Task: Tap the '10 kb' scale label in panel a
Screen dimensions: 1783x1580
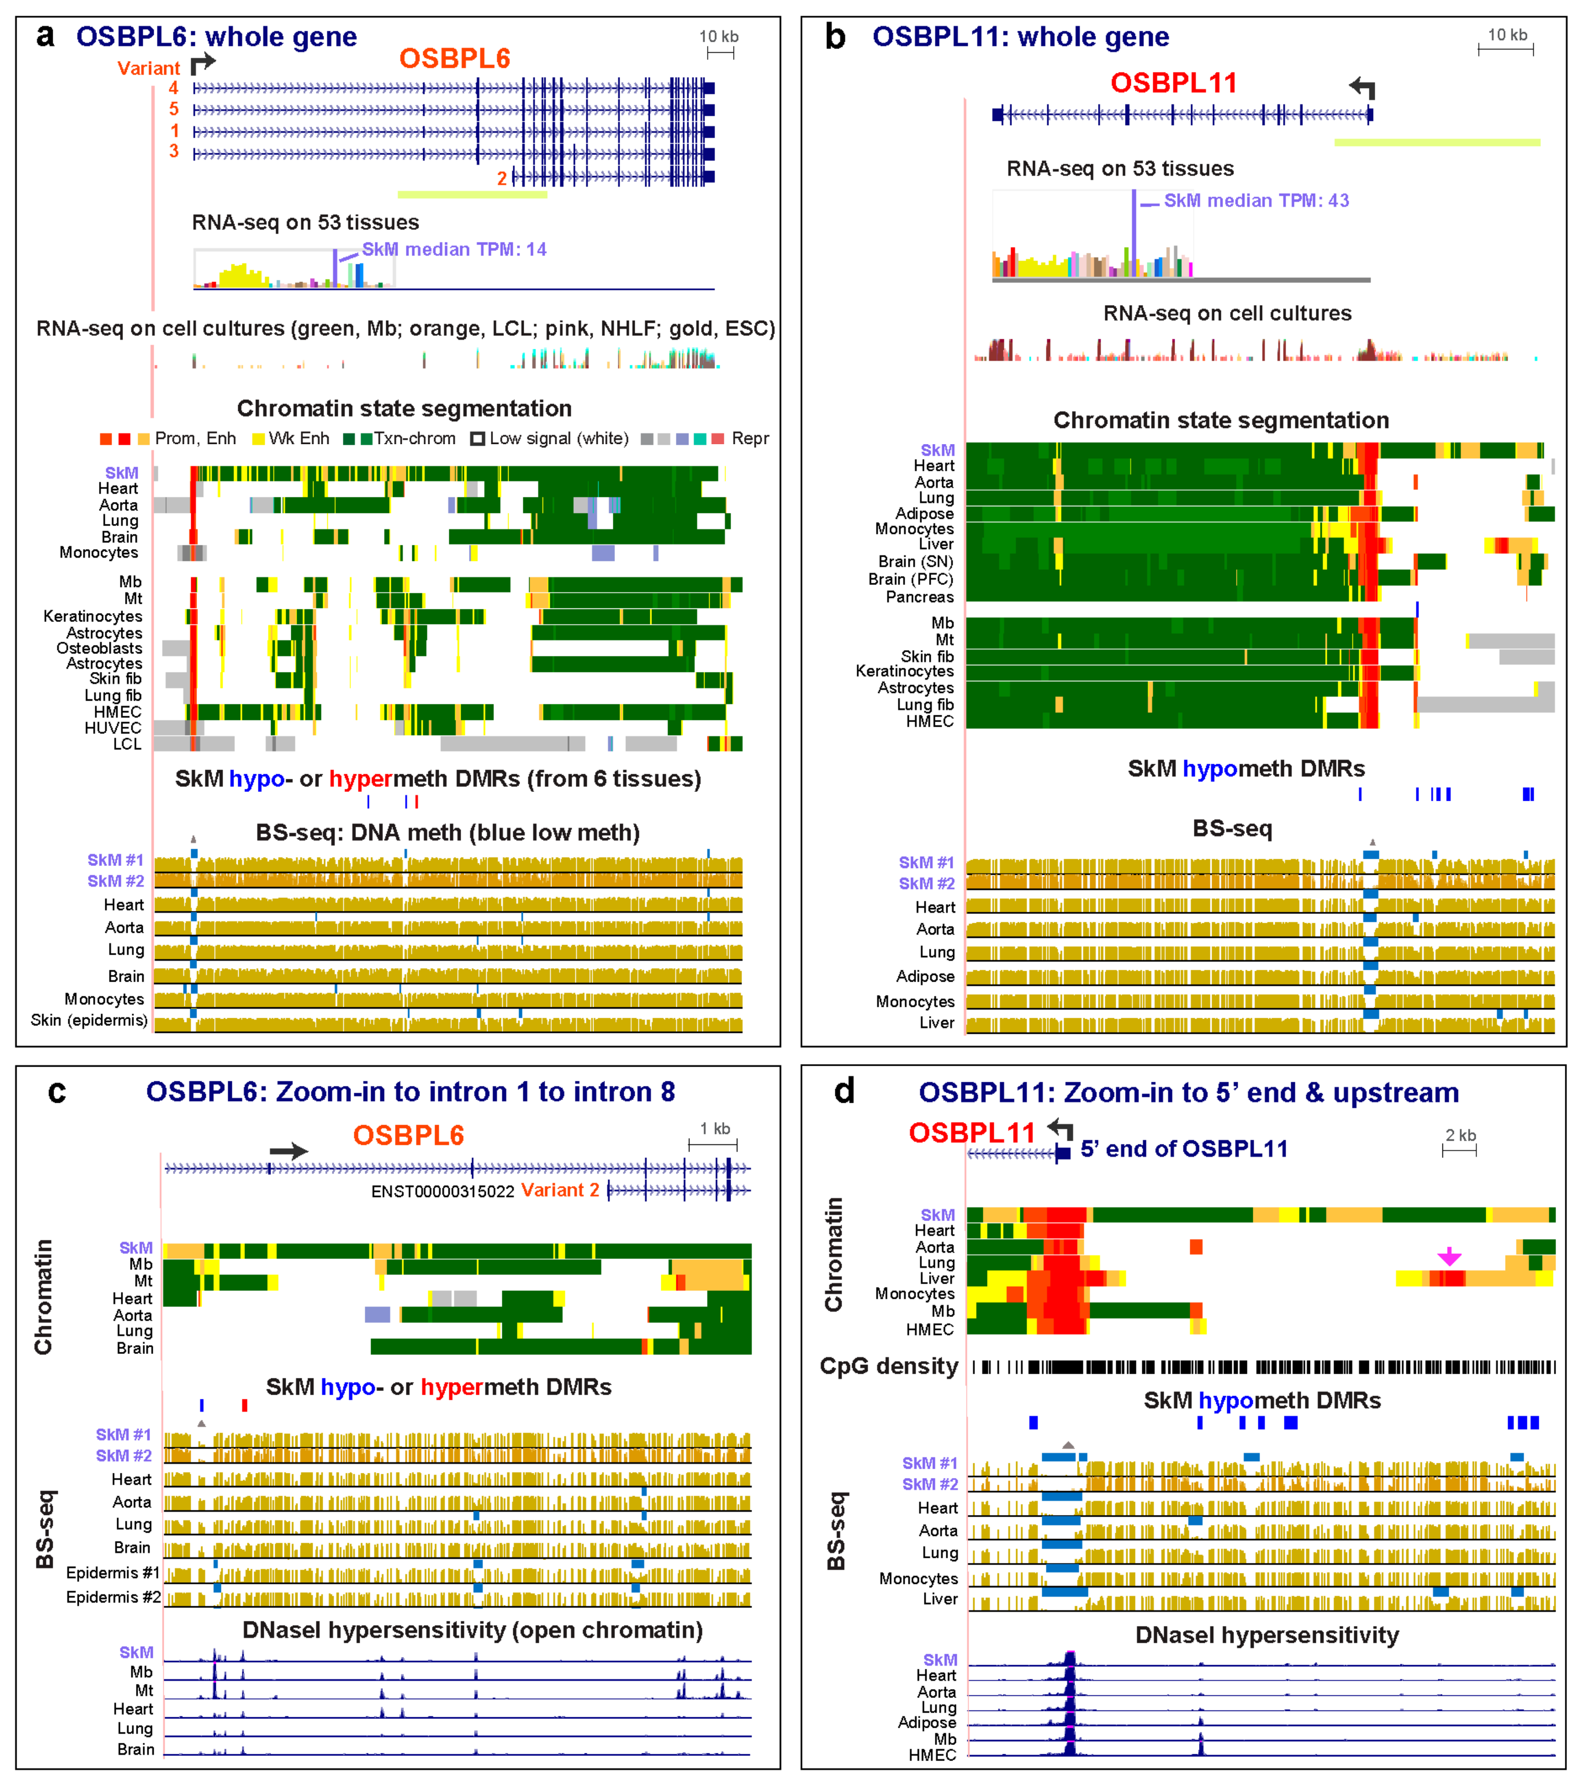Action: coord(719,36)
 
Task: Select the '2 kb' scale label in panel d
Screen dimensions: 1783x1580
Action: coord(1461,1135)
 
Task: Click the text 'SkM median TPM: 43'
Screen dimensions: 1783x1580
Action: coord(1256,201)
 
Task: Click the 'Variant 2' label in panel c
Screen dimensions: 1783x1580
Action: coord(560,1190)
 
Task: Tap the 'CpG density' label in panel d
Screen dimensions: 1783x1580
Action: coord(888,1366)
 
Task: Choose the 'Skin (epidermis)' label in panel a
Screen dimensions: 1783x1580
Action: coord(89,1020)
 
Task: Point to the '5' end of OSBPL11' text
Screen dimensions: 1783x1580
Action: coord(1183,1149)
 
